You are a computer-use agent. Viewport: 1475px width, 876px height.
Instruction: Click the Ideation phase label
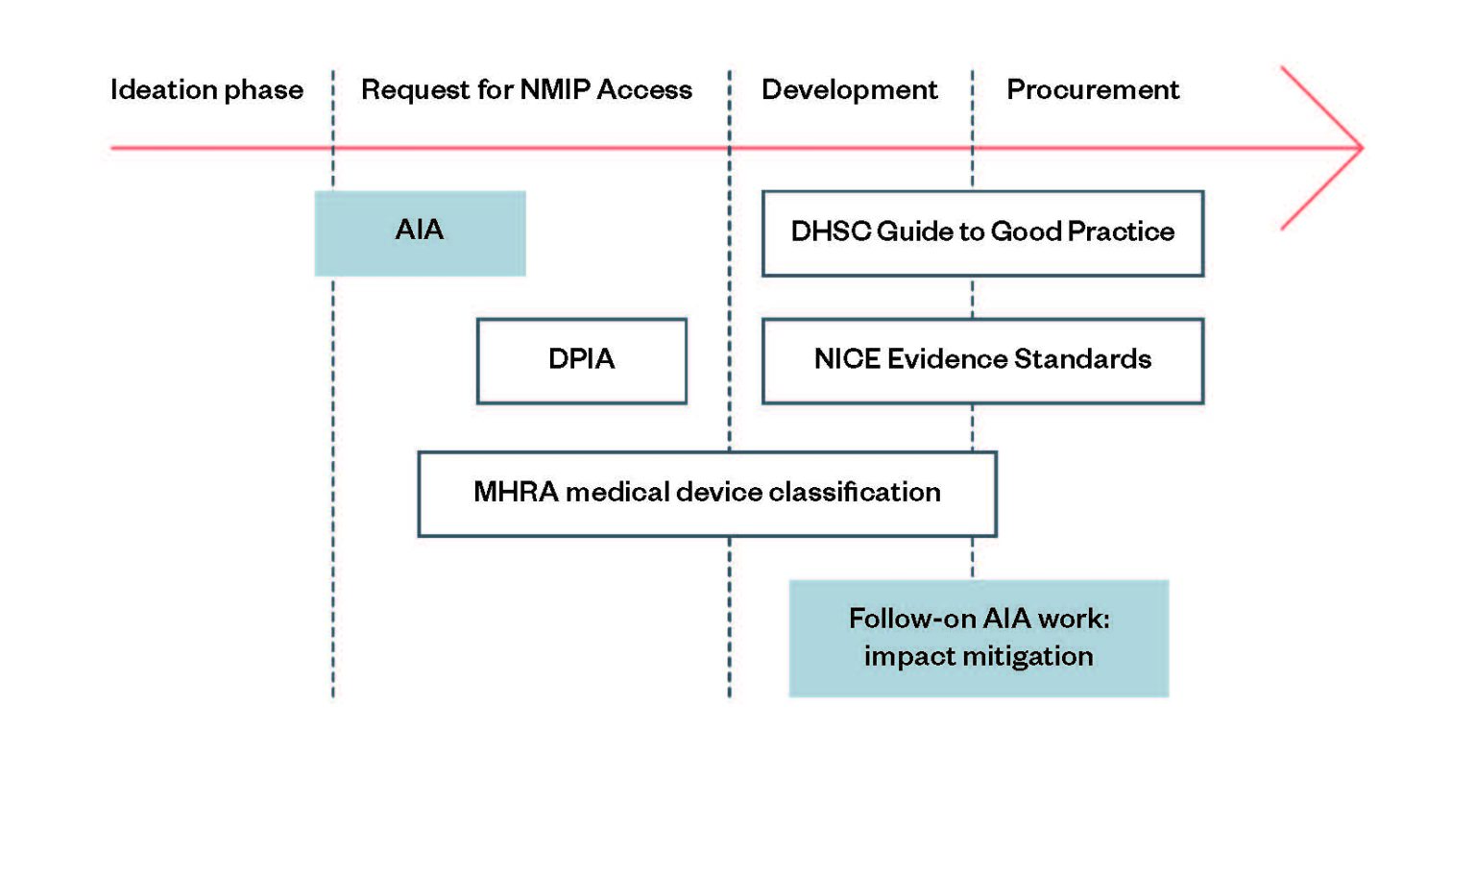click(x=206, y=89)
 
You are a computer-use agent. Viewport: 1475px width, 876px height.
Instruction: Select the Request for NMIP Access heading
click(x=526, y=89)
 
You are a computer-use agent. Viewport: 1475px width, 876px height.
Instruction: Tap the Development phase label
click(x=849, y=89)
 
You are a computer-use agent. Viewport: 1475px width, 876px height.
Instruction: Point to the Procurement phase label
click(x=1093, y=89)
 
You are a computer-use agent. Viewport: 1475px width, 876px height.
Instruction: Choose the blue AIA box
click(x=420, y=233)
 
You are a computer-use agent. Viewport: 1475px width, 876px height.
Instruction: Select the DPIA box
click(x=581, y=360)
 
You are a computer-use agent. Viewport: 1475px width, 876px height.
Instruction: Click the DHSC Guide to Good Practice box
click(x=982, y=233)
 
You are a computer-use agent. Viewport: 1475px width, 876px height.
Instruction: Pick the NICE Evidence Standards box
click(x=982, y=360)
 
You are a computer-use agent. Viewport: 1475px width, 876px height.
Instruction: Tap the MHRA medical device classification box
click(x=707, y=494)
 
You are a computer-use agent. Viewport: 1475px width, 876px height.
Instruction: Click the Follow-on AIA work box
click(x=979, y=638)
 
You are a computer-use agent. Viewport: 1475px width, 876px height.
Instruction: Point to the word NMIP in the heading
click(x=554, y=89)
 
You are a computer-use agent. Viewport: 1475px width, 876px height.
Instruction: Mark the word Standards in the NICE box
click(x=1082, y=359)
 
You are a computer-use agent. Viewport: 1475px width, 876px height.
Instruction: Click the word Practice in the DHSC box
click(x=1120, y=231)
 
